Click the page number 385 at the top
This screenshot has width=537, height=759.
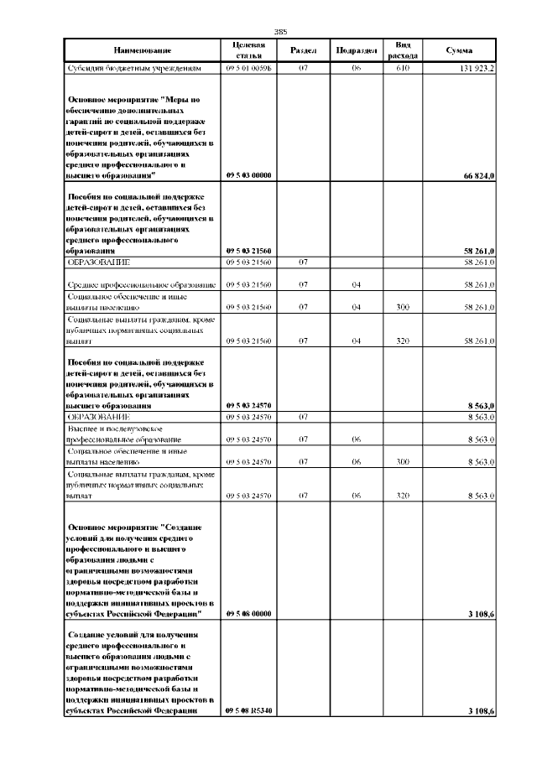[269, 31]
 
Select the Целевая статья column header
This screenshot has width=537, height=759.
[248, 49]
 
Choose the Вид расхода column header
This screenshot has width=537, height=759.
[402, 49]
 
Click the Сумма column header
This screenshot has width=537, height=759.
[460, 49]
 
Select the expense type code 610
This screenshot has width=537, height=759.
[402, 68]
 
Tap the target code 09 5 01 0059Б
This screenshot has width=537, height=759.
[248, 68]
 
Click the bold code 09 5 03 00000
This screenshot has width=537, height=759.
[248, 176]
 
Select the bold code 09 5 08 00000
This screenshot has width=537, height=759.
[248, 614]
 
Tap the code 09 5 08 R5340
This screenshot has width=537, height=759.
[248, 711]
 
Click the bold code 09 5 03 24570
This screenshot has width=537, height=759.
[248, 406]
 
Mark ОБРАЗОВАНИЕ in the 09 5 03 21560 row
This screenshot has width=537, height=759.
[98, 263]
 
